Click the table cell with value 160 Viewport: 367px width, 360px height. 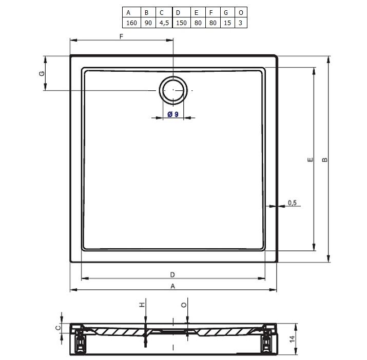[x=131, y=23]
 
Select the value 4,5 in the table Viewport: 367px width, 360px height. [x=164, y=23]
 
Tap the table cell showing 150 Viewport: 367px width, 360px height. [x=181, y=23]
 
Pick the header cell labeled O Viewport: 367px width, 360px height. [x=241, y=13]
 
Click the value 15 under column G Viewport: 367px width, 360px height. [x=227, y=23]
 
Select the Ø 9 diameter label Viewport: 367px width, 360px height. [x=173, y=114]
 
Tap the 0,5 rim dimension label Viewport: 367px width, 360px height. [x=292, y=203]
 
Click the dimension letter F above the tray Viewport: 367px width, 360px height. [x=121, y=36]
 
